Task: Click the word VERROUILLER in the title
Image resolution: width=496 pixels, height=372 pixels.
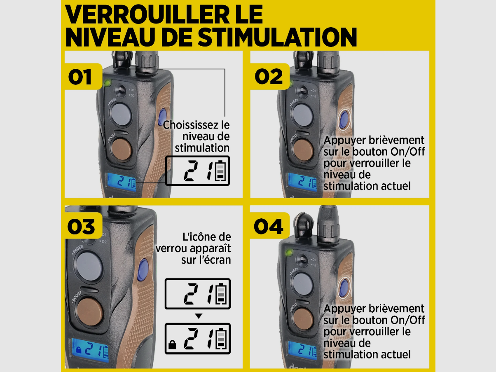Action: point(147,14)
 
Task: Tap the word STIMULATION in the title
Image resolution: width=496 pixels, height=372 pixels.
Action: point(278,37)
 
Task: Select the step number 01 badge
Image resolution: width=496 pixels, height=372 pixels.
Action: point(83,77)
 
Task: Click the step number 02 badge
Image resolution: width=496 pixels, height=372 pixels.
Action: point(269,77)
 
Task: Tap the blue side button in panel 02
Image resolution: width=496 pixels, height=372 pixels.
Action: point(344,119)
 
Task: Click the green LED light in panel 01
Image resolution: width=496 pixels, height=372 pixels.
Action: point(108,83)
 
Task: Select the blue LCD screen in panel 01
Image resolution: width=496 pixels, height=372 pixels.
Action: point(122,182)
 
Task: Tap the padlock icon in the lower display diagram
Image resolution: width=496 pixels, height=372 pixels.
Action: point(172,345)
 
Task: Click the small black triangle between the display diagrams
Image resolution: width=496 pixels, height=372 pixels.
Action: point(199,316)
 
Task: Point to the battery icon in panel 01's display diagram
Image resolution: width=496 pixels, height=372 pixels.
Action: point(220,171)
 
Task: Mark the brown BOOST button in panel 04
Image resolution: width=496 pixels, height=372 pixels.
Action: point(303,319)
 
